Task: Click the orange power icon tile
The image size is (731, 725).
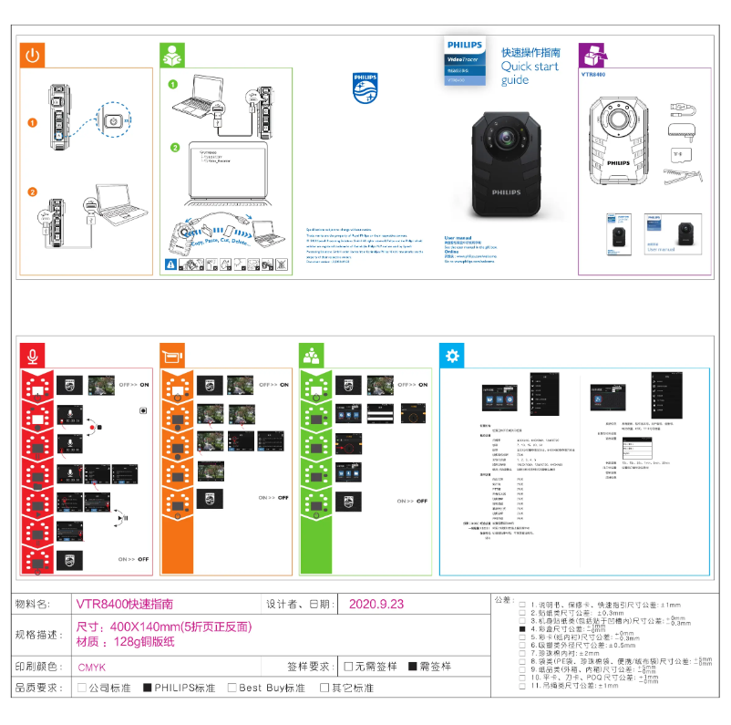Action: pyautogui.click(x=33, y=56)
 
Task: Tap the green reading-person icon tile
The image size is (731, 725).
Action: pyautogui.click(x=171, y=56)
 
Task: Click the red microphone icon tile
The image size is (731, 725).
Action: pyautogui.click(x=33, y=357)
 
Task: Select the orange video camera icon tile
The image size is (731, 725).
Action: pyautogui.click(x=172, y=357)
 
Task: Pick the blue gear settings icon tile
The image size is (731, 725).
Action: pyautogui.click(x=451, y=357)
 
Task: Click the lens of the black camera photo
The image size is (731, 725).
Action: pyautogui.click(x=501, y=140)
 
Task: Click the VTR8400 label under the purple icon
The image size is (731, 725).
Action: pyautogui.click(x=593, y=75)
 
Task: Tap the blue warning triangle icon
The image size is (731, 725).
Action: pyautogui.click(x=170, y=264)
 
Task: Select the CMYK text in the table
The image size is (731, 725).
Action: pyautogui.click(x=91, y=667)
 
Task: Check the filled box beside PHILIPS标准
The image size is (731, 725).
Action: pyautogui.click(x=148, y=688)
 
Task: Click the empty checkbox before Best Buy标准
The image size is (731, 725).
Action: pyautogui.click(x=232, y=688)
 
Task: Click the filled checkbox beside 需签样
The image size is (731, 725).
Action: pyautogui.click(x=412, y=667)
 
